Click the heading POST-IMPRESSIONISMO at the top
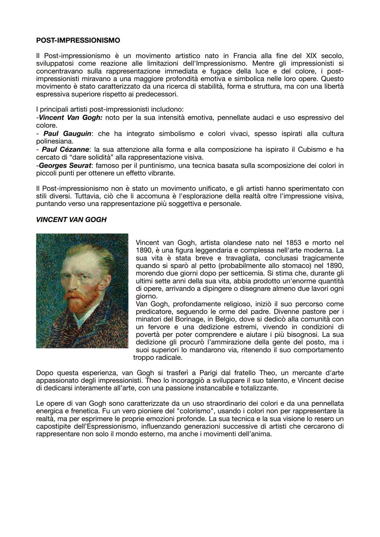pyautogui.click(x=78, y=40)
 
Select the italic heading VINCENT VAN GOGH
pyautogui.click(x=71, y=220)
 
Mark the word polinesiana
pyautogui.click(x=55, y=141)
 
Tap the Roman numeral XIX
pyautogui.click(x=311, y=56)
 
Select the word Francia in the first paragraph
pyautogui.click(x=245, y=56)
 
